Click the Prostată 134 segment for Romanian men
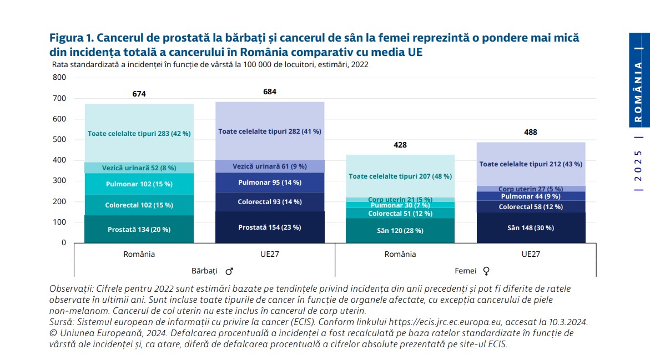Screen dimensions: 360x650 [x=139, y=229]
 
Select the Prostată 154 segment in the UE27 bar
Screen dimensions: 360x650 [x=270, y=227]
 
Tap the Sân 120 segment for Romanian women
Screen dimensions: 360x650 [x=400, y=230]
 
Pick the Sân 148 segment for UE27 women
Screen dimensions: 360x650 [x=531, y=228]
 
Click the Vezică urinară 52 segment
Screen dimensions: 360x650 [x=139, y=168]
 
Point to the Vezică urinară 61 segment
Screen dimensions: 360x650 [x=270, y=166]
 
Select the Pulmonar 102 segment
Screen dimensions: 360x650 [x=139, y=184]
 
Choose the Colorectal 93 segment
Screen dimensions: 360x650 [x=270, y=202]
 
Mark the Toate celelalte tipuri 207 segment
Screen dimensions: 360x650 [x=400, y=176]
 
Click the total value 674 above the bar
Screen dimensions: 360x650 [x=139, y=94]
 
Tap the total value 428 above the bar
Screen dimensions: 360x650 [x=400, y=145]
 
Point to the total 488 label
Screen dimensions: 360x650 [x=531, y=132]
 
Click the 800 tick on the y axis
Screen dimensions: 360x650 [x=59, y=77]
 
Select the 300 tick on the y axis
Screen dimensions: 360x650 [x=59, y=181]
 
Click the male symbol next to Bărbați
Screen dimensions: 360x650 [x=229, y=271]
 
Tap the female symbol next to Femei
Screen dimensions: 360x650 [x=487, y=271]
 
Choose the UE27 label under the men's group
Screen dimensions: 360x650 [x=270, y=254]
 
